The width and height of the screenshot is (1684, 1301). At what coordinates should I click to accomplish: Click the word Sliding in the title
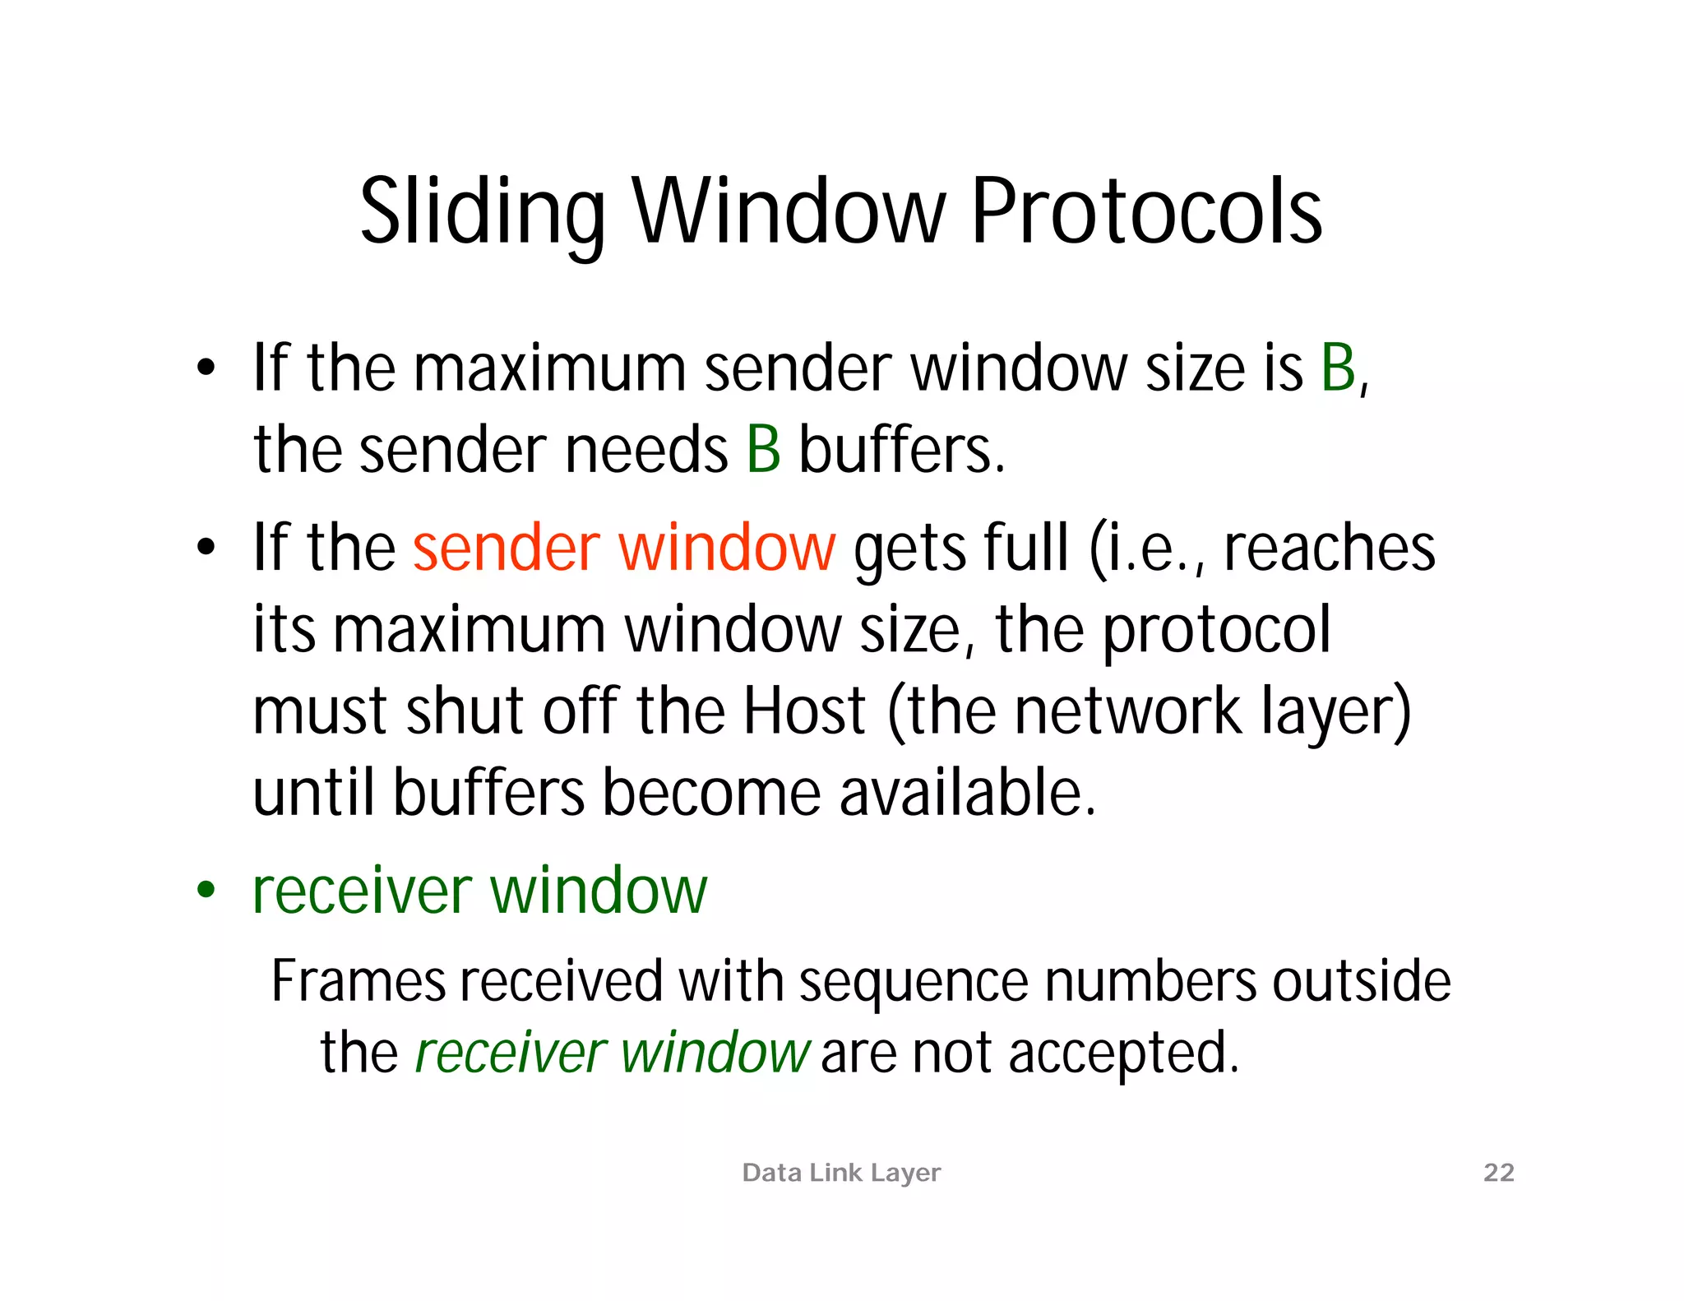pyautogui.click(x=483, y=212)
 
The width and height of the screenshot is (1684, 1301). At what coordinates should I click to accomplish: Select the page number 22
pyautogui.click(x=1498, y=1172)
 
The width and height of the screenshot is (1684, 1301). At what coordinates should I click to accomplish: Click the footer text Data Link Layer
pyautogui.click(x=841, y=1173)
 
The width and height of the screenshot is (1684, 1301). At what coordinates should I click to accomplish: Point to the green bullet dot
pyautogui.click(x=206, y=889)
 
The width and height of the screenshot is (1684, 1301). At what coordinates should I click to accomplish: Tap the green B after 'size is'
pyautogui.click(x=1338, y=368)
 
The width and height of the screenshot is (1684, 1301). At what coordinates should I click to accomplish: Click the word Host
pyautogui.click(x=804, y=711)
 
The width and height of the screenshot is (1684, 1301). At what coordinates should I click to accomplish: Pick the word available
pyautogui.click(x=968, y=792)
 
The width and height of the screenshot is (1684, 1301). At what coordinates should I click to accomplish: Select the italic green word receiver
pyautogui.click(x=511, y=1053)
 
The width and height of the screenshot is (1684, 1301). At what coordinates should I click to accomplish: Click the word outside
pyautogui.click(x=1361, y=980)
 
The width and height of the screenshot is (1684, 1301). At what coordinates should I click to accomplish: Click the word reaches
pyautogui.click(x=1329, y=548)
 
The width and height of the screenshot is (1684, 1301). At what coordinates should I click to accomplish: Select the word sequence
pyautogui.click(x=913, y=982)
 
